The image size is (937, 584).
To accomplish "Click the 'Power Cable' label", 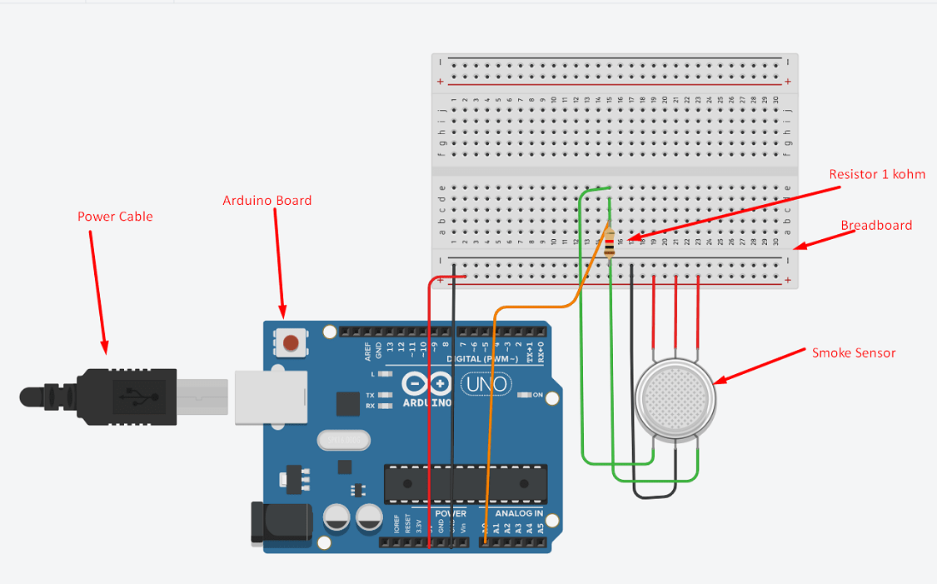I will click(x=115, y=217).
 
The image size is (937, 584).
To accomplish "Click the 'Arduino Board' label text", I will click(x=267, y=201).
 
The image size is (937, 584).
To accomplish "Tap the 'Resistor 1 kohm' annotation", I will click(x=877, y=175).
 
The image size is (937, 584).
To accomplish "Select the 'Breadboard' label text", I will click(x=875, y=226).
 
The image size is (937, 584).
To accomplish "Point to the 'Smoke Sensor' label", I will click(x=854, y=353).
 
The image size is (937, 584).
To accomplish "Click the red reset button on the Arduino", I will click(x=291, y=342).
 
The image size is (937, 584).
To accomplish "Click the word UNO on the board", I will click(x=479, y=385).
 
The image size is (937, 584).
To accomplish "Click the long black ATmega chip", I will click(x=465, y=483).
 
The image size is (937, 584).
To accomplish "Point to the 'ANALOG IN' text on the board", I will click(x=519, y=514).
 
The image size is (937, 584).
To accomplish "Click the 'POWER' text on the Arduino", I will click(x=451, y=514).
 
